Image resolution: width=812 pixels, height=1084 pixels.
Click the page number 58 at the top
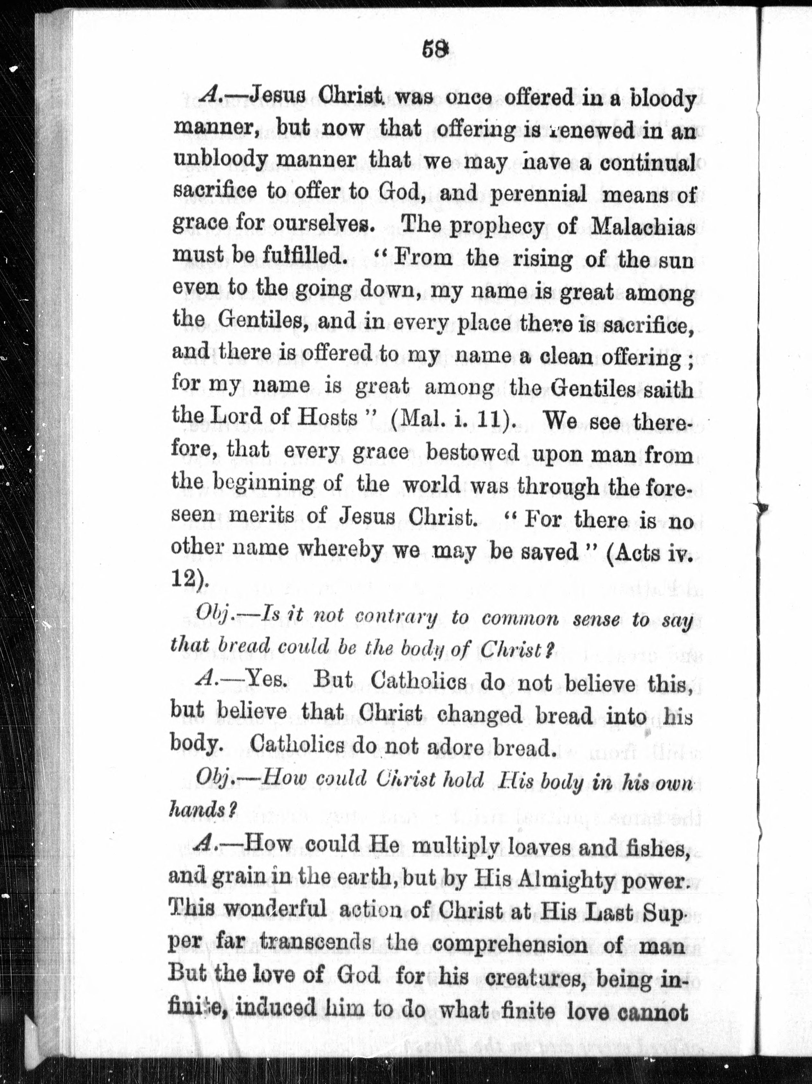click(435, 50)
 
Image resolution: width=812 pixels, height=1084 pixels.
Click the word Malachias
click(643, 227)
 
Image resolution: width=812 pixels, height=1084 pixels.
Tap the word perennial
click(538, 195)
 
